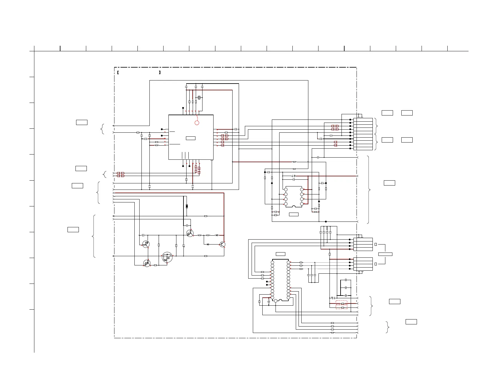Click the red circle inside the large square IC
tap(197, 123)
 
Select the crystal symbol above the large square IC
tap(199, 98)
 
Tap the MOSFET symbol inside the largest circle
tap(167, 257)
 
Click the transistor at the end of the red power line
tap(223, 245)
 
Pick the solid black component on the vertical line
tap(187, 206)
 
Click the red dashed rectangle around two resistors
tap(341, 305)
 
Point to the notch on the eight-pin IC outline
tap(294, 206)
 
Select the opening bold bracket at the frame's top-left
tap(118, 73)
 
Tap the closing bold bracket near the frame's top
tap(160, 73)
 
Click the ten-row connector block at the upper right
tap(363, 134)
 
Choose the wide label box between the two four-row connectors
tap(385, 254)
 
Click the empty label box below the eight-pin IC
tap(294, 214)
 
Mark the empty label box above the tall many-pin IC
tap(280, 254)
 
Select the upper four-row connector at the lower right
tap(363, 245)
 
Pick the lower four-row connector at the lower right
tap(363, 264)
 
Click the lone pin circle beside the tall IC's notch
tap(276, 301)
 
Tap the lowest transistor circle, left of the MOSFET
tap(147, 263)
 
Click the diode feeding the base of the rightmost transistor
tap(208, 244)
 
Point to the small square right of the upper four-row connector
tap(376, 245)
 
